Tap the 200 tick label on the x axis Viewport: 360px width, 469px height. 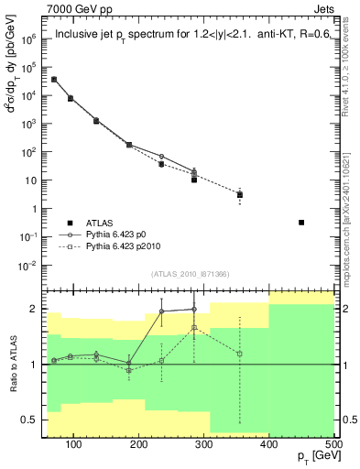coord(138,445)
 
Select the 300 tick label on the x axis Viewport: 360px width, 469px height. coord(203,445)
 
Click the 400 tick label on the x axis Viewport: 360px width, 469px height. coord(268,445)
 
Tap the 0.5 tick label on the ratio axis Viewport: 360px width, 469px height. coord(33,420)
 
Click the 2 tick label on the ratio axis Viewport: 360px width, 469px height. coord(38,309)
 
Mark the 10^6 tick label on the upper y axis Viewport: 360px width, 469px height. coord(30,39)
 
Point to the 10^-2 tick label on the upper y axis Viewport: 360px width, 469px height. coord(30,266)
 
